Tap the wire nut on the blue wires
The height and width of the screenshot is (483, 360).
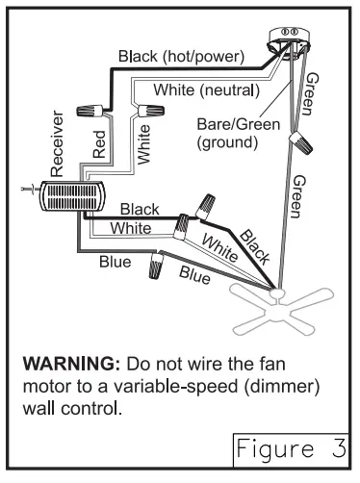tap(155, 267)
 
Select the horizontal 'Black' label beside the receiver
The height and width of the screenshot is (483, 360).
tap(140, 209)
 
